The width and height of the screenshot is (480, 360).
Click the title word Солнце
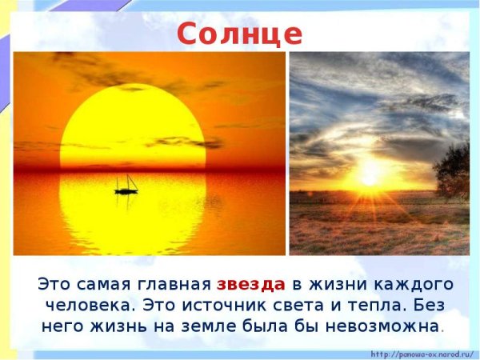click(x=240, y=33)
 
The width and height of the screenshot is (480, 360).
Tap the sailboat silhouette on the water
click(x=126, y=186)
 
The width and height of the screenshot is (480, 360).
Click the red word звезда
click(x=250, y=284)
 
